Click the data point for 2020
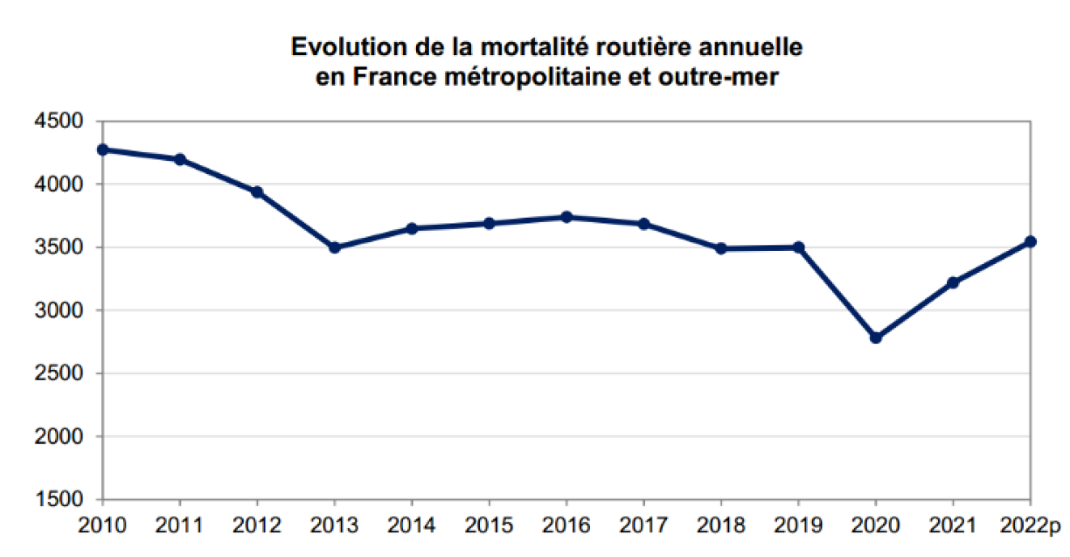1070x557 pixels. click(876, 338)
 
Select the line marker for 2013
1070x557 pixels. click(334, 247)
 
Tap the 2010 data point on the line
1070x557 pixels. click(103, 150)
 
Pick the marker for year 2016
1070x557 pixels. click(566, 217)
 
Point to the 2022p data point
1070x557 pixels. click(1031, 241)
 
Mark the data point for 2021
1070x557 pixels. click(953, 282)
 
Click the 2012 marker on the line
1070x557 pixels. click(257, 192)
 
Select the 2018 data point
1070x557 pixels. click(721, 248)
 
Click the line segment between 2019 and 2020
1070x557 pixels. click(837, 293)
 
